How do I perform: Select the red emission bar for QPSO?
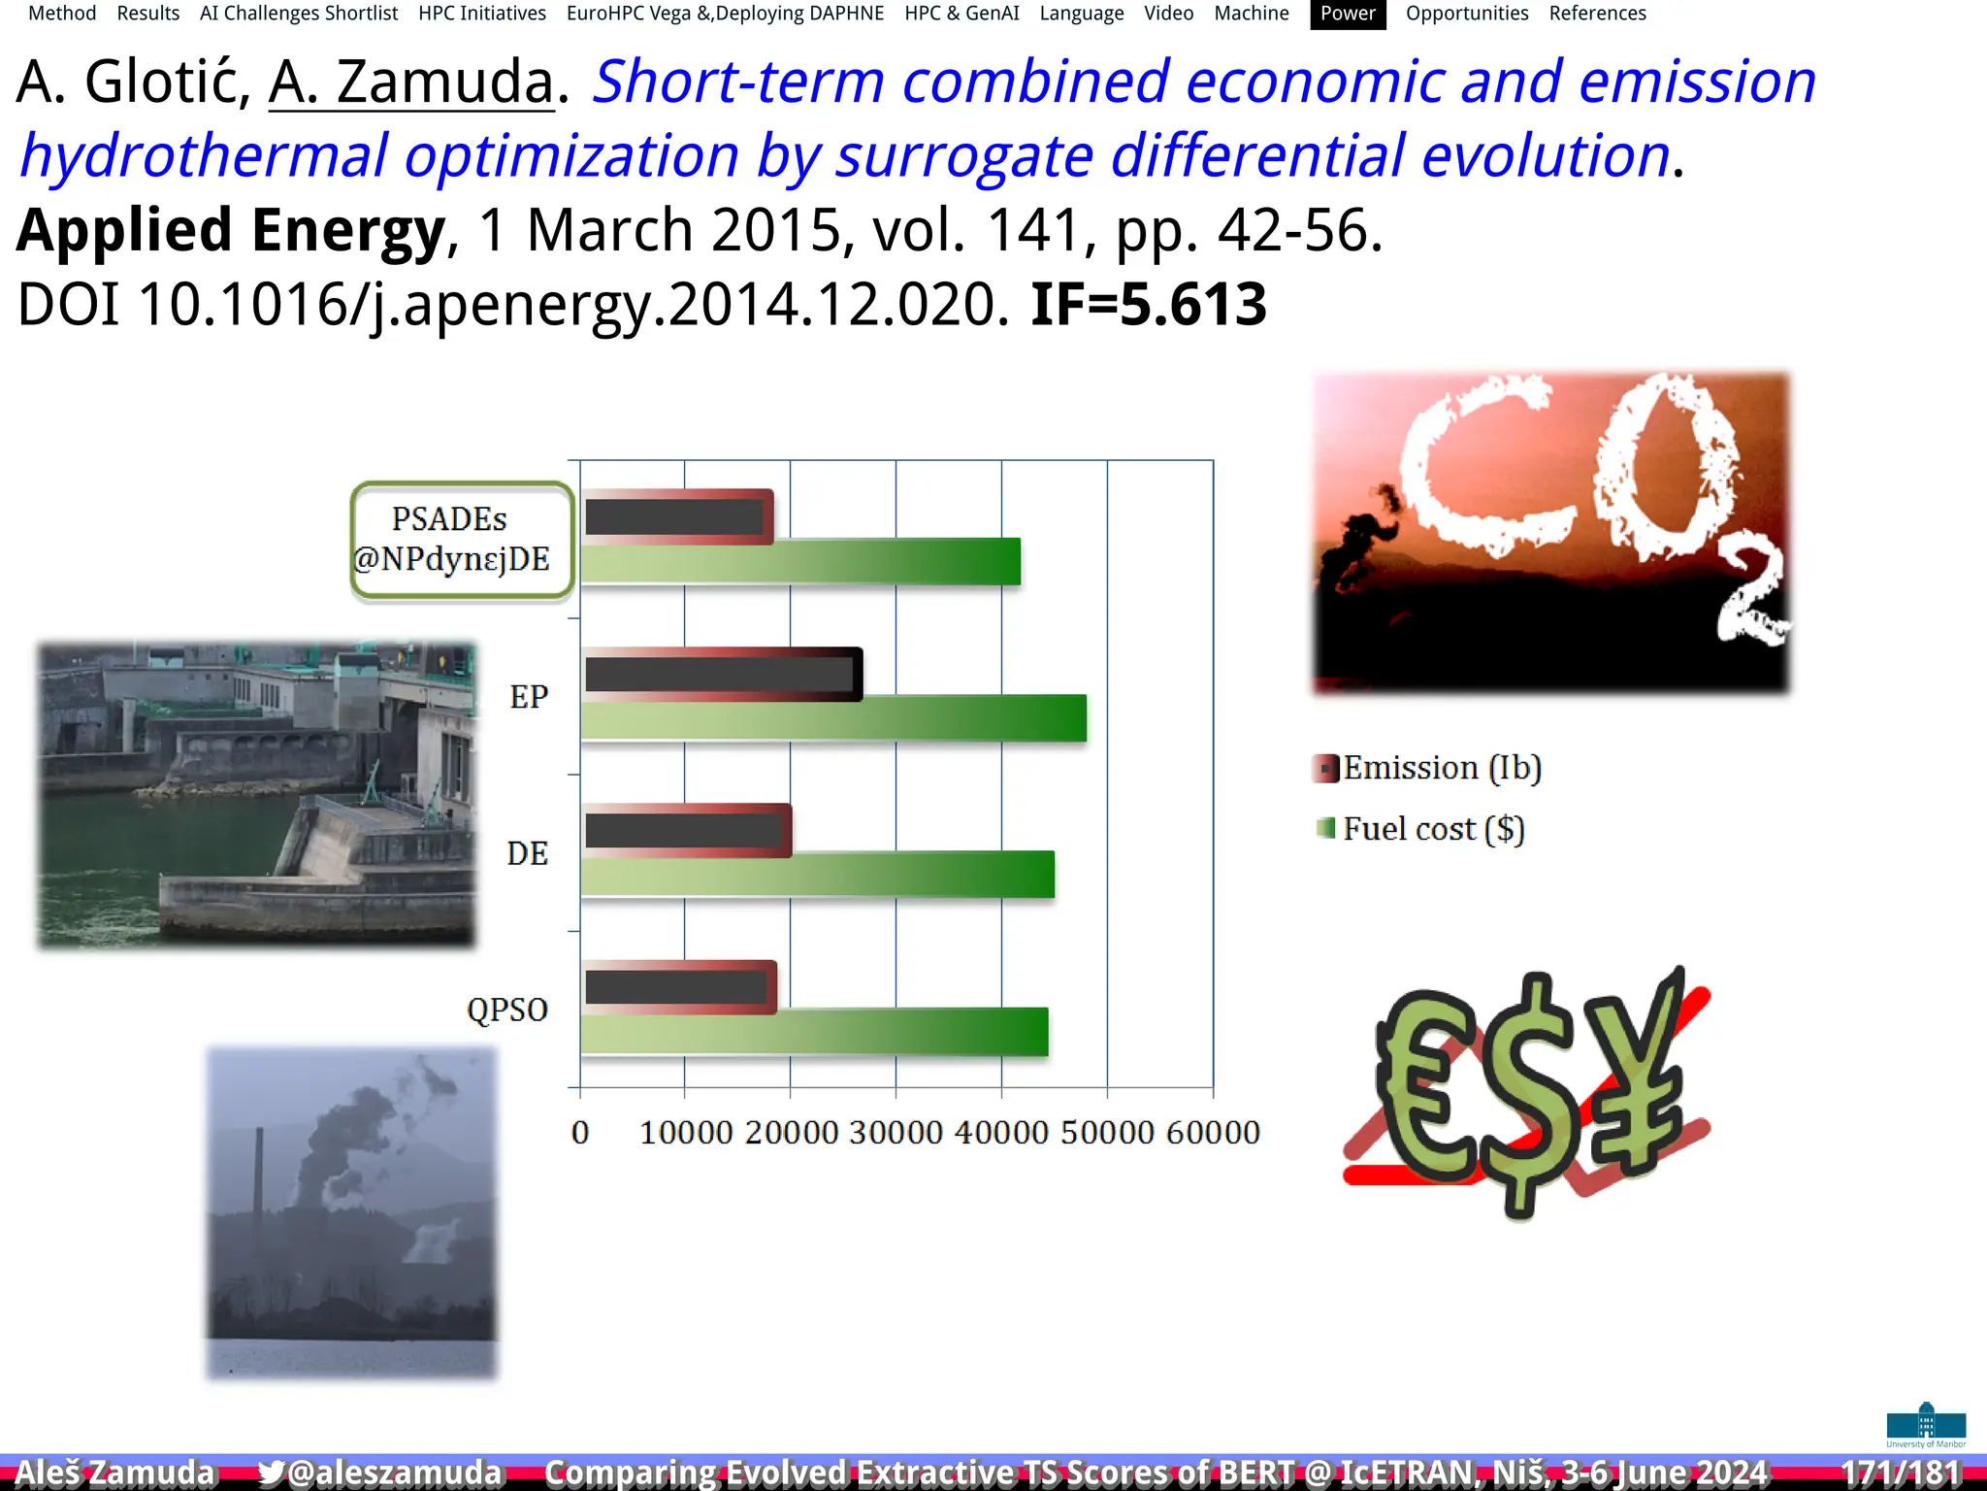pyautogui.click(x=679, y=987)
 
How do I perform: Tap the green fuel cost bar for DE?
pyautogui.click(x=817, y=875)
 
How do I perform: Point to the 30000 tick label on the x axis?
pyautogui.click(x=896, y=1133)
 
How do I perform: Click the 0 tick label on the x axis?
pyautogui.click(x=580, y=1133)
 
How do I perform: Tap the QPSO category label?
pyautogui.click(x=507, y=1010)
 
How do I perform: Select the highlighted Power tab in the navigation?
pyautogui.click(x=1347, y=14)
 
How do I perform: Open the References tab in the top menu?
pyautogui.click(x=1597, y=14)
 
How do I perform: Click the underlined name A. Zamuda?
pyautogui.click(x=411, y=82)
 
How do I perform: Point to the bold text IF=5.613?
pyautogui.click(x=1148, y=304)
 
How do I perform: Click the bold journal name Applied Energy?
pyautogui.click(x=231, y=230)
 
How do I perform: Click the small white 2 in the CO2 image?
pyautogui.click(x=1751, y=595)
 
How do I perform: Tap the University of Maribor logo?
pyautogui.click(x=1926, y=1425)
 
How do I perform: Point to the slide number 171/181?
pyautogui.click(x=1901, y=1473)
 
